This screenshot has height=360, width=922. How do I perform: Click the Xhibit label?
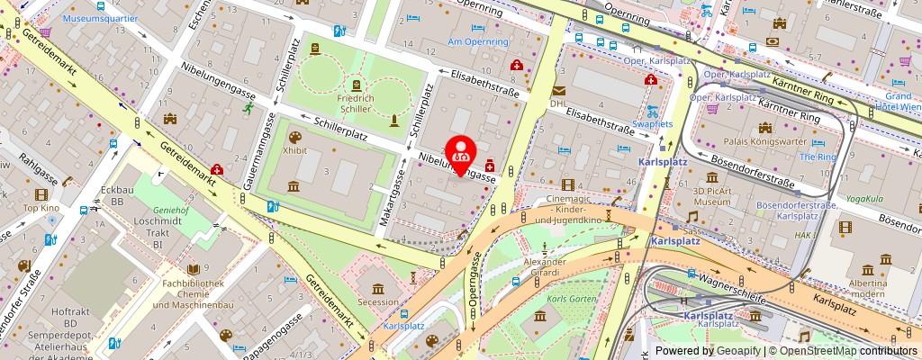click(x=295, y=152)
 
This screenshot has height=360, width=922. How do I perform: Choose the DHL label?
click(x=558, y=103)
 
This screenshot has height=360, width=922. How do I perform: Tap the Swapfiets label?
click(x=652, y=123)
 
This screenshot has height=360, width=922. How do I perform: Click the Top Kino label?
click(x=41, y=208)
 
